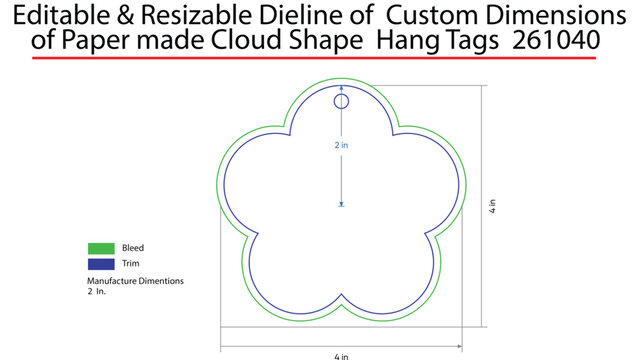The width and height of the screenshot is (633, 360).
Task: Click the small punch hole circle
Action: (x=341, y=101)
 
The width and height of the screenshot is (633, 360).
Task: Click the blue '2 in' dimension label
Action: (x=341, y=146)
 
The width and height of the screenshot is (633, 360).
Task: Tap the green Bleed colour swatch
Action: (x=101, y=248)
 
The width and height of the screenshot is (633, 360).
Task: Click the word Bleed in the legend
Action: (x=133, y=248)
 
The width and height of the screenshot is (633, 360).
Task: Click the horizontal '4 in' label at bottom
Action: (x=341, y=354)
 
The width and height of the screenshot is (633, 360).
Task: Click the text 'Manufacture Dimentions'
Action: (x=135, y=282)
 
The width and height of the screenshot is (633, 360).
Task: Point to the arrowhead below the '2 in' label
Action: (x=341, y=204)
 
